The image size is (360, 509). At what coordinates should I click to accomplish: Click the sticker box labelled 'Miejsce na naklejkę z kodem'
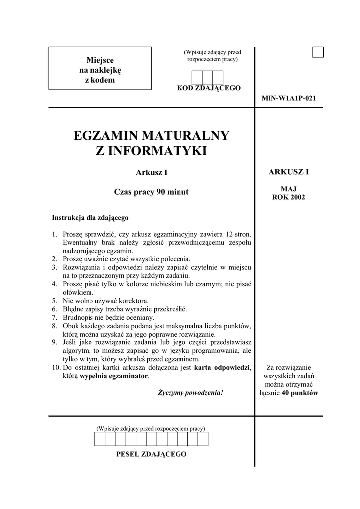pyautogui.click(x=100, y=68)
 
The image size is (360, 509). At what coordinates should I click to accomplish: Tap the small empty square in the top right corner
pyautogui.click(x=318, y=52)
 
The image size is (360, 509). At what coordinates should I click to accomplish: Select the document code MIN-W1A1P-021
pyautogui.click(x=288, y=98)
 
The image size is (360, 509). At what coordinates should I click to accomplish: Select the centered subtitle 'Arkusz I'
pyautogui.click(x=151, y=173)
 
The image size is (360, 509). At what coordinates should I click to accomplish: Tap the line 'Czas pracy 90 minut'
pyautogui.click(x=151, y=192)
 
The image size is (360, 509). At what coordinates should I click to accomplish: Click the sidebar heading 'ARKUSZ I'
pyautogui.click(x=288, y=172)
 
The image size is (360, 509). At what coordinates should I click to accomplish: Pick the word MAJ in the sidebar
pyautogui.click(x=288, y=189)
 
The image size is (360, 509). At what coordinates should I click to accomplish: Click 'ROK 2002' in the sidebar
pyautogui.click(x=288, y=197)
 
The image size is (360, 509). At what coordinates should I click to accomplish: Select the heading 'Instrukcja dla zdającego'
pyautogui.click(x=90, y=217)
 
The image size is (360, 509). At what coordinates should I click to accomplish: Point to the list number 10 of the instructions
pyautogui.click(x=55, y=367)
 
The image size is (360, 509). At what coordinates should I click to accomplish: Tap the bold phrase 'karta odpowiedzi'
pyautogui.click(x=222, y=367)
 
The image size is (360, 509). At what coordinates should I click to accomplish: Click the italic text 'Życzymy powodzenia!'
pyautogui.click(x=190, y=392)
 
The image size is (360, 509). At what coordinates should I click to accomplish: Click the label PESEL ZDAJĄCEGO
pyautogui.click(x=151, y=454)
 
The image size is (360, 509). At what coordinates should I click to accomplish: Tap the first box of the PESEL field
pyautogui.click(x=99, y=439)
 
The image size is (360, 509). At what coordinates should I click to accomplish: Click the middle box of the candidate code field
pyautogui.click(x=207, y=78)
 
